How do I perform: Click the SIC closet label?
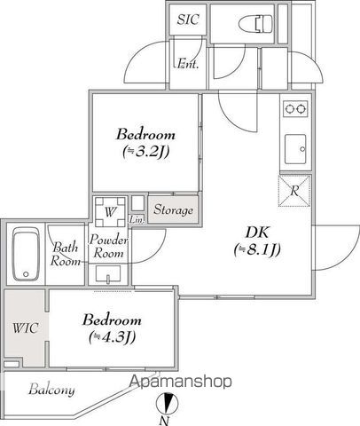pyautogui.click(x=188, y=20)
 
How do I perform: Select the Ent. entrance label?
pyautogui.click(x=188, y=63)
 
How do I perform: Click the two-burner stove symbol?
pyautogui.click(x=295, y=109)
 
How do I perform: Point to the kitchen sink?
pyautogui.click(x=295, y=149)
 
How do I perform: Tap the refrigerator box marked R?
pyautogui.click(x=294, y=191)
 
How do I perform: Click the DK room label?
pyautogui.click(x=257, y=233)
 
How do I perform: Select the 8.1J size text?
pyautogui.click(x=257, y=250)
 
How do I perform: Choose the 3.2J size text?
pyautogui.click(x=145, y=152)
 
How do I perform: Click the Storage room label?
pyautogui.click(x=173, y=210)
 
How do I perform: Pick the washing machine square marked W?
pyautogui.click(x=110, y=211)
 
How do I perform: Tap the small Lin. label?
pyautogui.click(x=137, y=220)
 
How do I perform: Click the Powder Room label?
pyautogui.click(x=109, y=247)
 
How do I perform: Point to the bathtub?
pyautogui.click(x=26, y=254)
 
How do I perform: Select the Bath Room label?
pyautogui.click(x=66, y=254)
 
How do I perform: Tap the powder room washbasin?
pyautogui.click(x=108, y=274)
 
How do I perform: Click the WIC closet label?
pyautogui.click(x=26, y=328)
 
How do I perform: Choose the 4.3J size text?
pyautogui.click(x=113, y=337)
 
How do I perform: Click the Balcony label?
pyautogui.click(x=51, y=390)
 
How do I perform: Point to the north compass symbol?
pyautogui.click(x=168, y=403)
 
